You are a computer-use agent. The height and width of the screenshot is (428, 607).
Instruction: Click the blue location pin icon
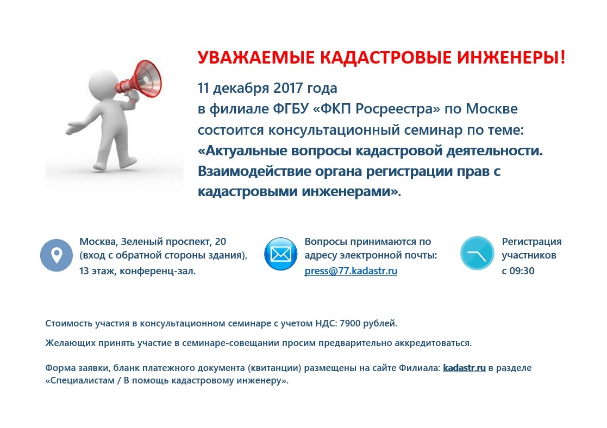pos(57,255)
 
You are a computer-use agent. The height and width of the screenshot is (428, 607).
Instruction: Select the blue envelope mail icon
pos(280,254)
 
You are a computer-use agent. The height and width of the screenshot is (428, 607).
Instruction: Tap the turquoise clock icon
pos(477,253)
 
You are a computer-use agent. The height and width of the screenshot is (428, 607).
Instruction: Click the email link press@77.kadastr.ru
pos(351,271)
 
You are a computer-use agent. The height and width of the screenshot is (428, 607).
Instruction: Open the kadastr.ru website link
pos(464,368)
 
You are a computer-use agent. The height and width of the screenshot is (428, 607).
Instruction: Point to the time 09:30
pos(522,271)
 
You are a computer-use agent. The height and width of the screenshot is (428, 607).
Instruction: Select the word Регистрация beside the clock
pos(531,242)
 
